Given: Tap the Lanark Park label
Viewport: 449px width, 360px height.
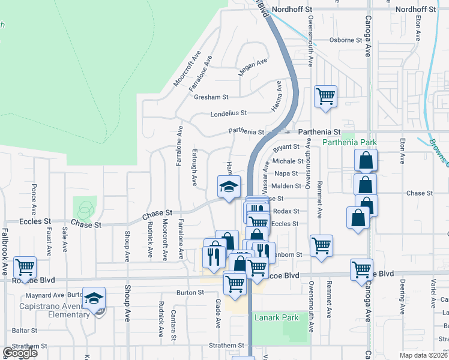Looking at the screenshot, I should [x=267, y=317].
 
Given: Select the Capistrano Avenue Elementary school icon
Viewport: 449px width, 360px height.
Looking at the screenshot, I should [x=94, y=299].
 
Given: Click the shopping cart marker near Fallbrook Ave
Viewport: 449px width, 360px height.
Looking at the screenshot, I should [x=25, y=267].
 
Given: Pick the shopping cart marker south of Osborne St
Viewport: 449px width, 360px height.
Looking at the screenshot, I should [x=325, y=96].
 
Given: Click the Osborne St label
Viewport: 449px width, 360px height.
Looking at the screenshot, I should [x=346, y=40].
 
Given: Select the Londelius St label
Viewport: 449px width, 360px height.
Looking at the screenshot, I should [x=229, y=113].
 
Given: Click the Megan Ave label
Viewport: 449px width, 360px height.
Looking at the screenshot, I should [x=252, y=67].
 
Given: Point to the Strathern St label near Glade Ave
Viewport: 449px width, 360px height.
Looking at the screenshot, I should [x=226, y=346].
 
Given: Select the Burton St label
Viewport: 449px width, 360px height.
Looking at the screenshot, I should [x=190, y=293].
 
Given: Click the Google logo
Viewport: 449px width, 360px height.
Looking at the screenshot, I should [x=20, y=353].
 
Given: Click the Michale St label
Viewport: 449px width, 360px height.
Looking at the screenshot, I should [x=288, y=161].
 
